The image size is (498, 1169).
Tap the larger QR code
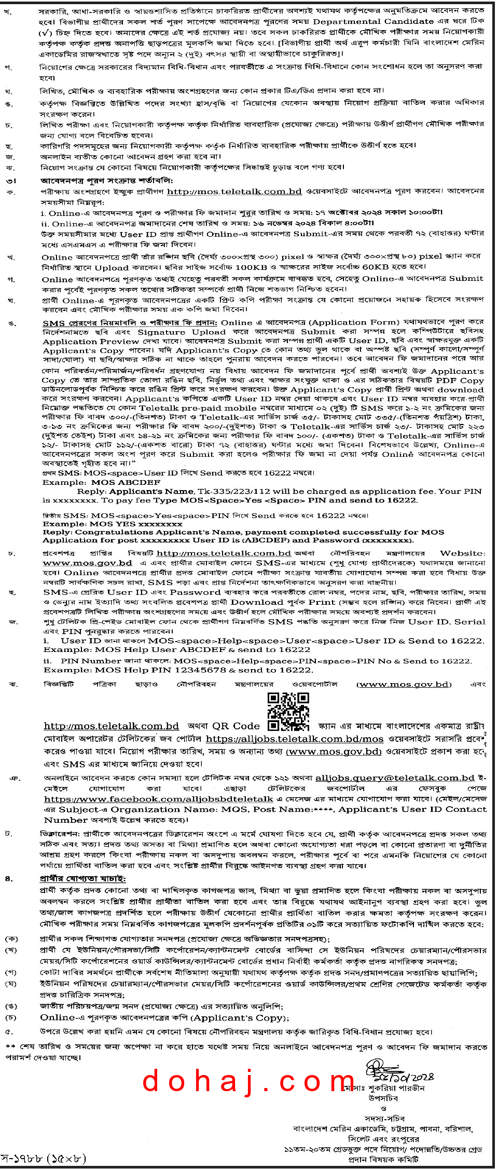click(x=288, y=708)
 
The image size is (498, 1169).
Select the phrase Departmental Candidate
click(x=373, y=21)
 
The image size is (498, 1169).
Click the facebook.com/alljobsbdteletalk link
click(x=158, y=799)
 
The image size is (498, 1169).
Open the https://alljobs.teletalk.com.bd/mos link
click(x=294, y=739)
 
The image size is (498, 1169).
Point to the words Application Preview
click(x=91, y=342)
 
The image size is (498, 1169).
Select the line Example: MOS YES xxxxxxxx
click(x=113, y=524)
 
